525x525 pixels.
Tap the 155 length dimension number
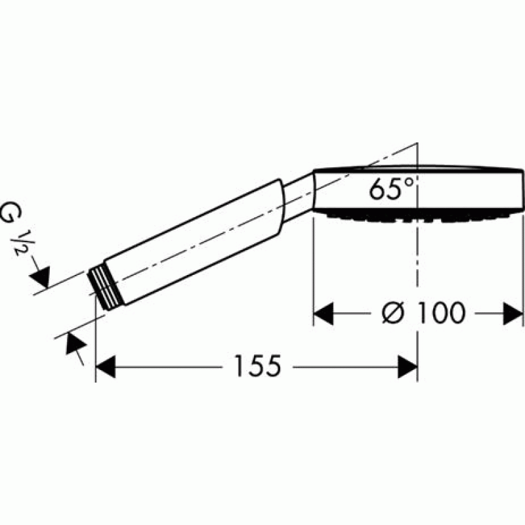coord(258,366)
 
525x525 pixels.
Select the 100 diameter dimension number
coord(442,312)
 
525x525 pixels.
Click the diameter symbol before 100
coord(394,313)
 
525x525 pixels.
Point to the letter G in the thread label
coord(10,212)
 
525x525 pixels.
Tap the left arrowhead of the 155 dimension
coord(106,367)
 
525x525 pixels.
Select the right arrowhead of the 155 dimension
coord(408,367)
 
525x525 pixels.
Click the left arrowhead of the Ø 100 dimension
coord(323,314)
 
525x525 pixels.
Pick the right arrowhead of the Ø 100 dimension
coord(513,314)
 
